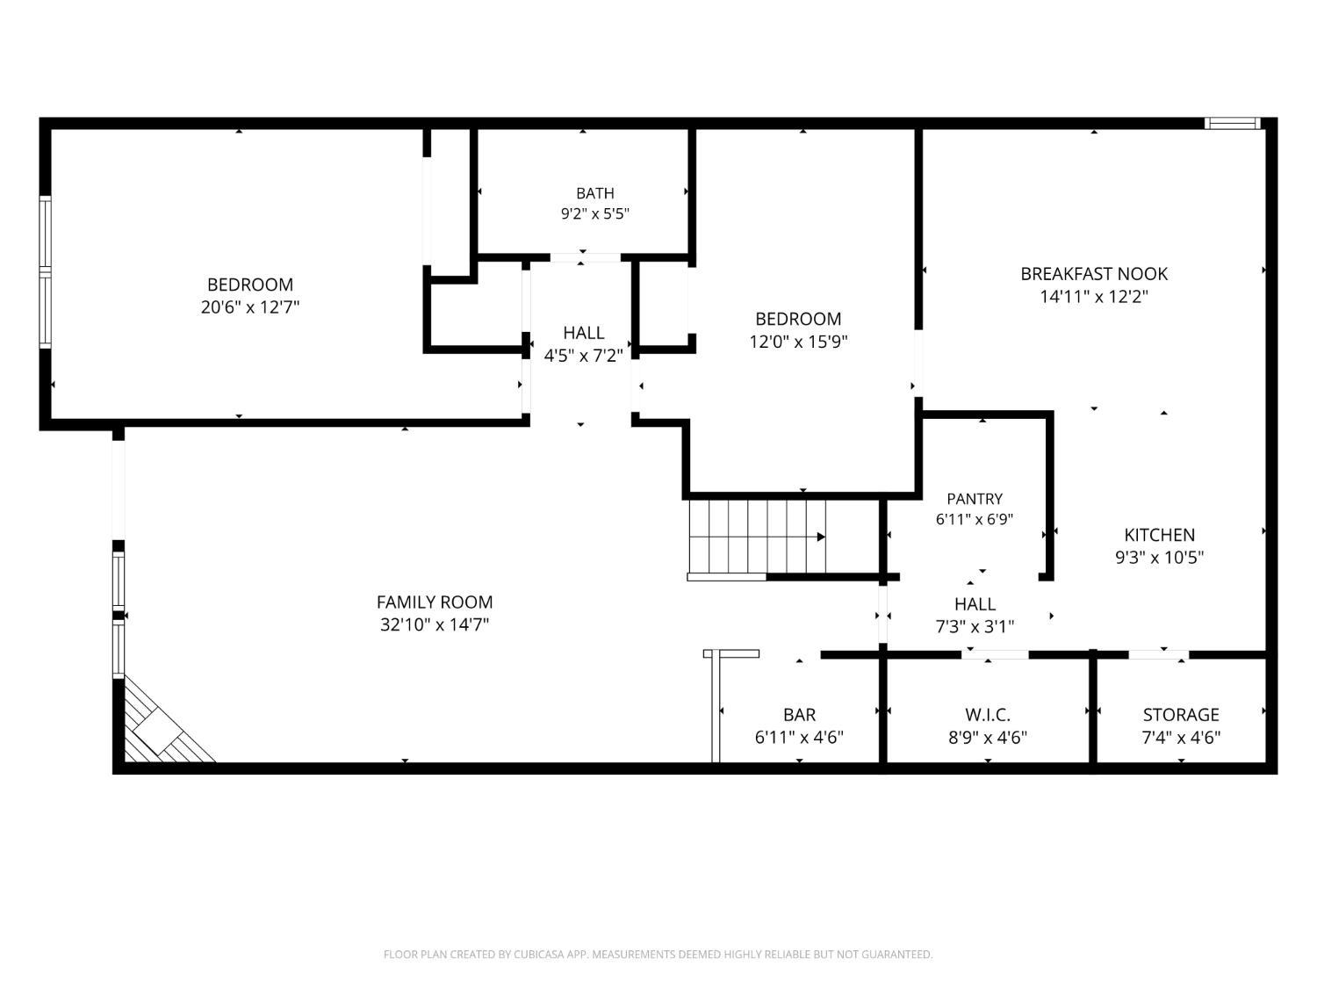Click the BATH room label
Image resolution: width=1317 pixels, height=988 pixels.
594,193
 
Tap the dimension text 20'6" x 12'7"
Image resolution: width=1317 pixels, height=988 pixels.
250,307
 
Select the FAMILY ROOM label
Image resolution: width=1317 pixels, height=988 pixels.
435,602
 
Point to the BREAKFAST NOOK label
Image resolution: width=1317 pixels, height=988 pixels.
1094,274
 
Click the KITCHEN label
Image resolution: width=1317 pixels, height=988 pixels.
1159,535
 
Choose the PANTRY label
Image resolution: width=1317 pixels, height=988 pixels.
975,499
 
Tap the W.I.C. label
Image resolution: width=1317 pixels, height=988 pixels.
988,715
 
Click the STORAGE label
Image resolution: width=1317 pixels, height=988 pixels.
1181,715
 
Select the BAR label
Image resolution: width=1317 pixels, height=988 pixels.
799,715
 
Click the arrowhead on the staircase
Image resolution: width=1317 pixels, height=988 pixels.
821,537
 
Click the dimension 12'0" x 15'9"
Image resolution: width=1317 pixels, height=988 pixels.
798,342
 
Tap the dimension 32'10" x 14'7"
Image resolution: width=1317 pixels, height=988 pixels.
435,625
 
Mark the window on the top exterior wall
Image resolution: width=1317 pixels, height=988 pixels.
1233,124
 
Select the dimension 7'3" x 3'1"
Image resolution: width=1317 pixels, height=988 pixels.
975,627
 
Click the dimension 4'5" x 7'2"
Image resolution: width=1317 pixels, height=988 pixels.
583,357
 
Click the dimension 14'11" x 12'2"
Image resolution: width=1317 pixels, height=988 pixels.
1094,297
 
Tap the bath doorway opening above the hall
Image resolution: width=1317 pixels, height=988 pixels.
585,258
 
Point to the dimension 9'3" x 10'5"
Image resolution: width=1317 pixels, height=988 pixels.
1159,558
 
